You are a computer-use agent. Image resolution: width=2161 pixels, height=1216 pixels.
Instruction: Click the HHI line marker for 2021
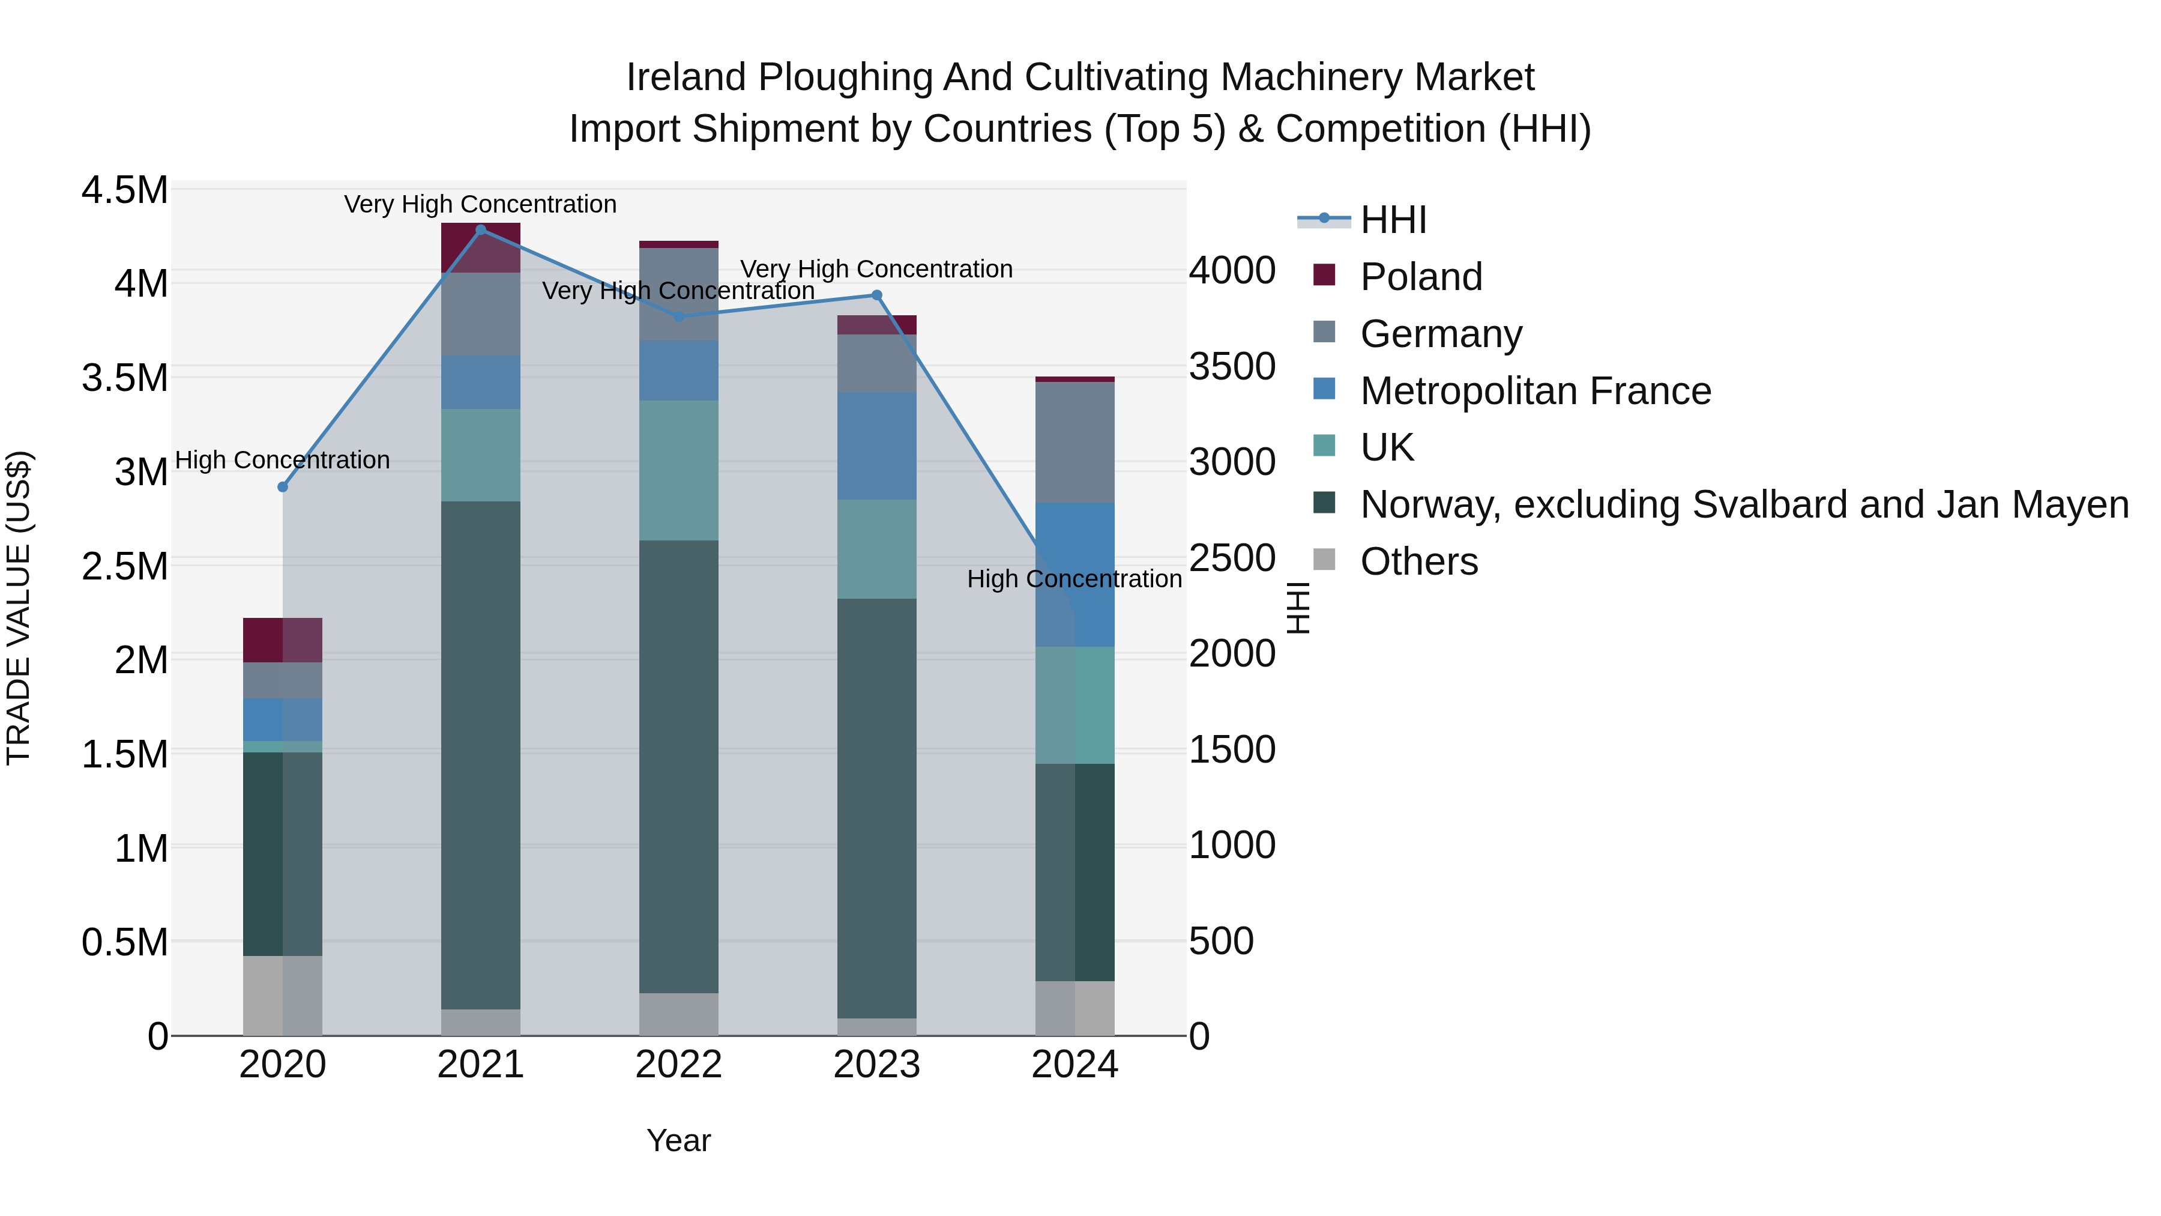(481, 229)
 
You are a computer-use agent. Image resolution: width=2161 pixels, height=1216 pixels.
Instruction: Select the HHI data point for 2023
(876, 295)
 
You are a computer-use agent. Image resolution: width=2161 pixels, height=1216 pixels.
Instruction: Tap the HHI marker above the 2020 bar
(283, 487)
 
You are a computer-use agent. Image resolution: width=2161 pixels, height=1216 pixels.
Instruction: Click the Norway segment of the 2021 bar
(481, 755)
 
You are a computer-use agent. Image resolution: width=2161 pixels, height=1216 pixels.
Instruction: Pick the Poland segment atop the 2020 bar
(283, 640)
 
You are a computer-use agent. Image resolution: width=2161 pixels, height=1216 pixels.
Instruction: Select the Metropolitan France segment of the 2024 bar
(1074, 575)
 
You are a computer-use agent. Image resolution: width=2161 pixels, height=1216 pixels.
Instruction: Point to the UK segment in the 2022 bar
(679, 470)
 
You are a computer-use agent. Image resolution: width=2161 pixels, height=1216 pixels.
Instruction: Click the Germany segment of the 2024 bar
(1074, 442)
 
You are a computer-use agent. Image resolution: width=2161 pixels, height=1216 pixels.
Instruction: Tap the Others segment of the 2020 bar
(283, 995)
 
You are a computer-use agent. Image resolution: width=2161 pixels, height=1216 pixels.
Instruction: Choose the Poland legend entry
(1420, 277)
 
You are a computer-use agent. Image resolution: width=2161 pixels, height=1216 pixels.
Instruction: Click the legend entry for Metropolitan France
(1534, 391)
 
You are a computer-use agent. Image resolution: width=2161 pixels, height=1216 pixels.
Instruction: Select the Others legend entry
(1418, 561)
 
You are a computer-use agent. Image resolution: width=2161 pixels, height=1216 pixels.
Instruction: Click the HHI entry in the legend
(1393, 220)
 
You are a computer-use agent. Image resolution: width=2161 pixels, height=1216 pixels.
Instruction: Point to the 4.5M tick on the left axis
(125, 190)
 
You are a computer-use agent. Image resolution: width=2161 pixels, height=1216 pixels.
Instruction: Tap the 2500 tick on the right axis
(1232, 558)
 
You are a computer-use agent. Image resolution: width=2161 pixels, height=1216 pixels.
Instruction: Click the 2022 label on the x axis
(679, 1065)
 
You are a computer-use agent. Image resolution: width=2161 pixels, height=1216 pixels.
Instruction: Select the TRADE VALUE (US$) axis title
(19, 608)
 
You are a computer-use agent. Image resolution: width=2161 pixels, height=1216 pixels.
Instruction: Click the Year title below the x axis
(679, 1140)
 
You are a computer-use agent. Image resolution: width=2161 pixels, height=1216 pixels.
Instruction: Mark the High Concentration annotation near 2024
(1074, 579)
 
